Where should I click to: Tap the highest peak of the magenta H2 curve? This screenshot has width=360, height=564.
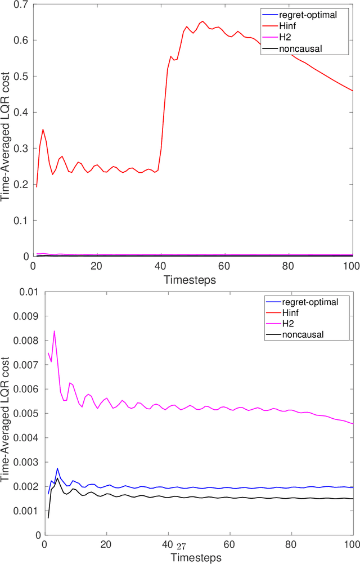coord(54,331)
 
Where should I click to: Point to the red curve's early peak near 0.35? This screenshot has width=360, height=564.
coord(43,129)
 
